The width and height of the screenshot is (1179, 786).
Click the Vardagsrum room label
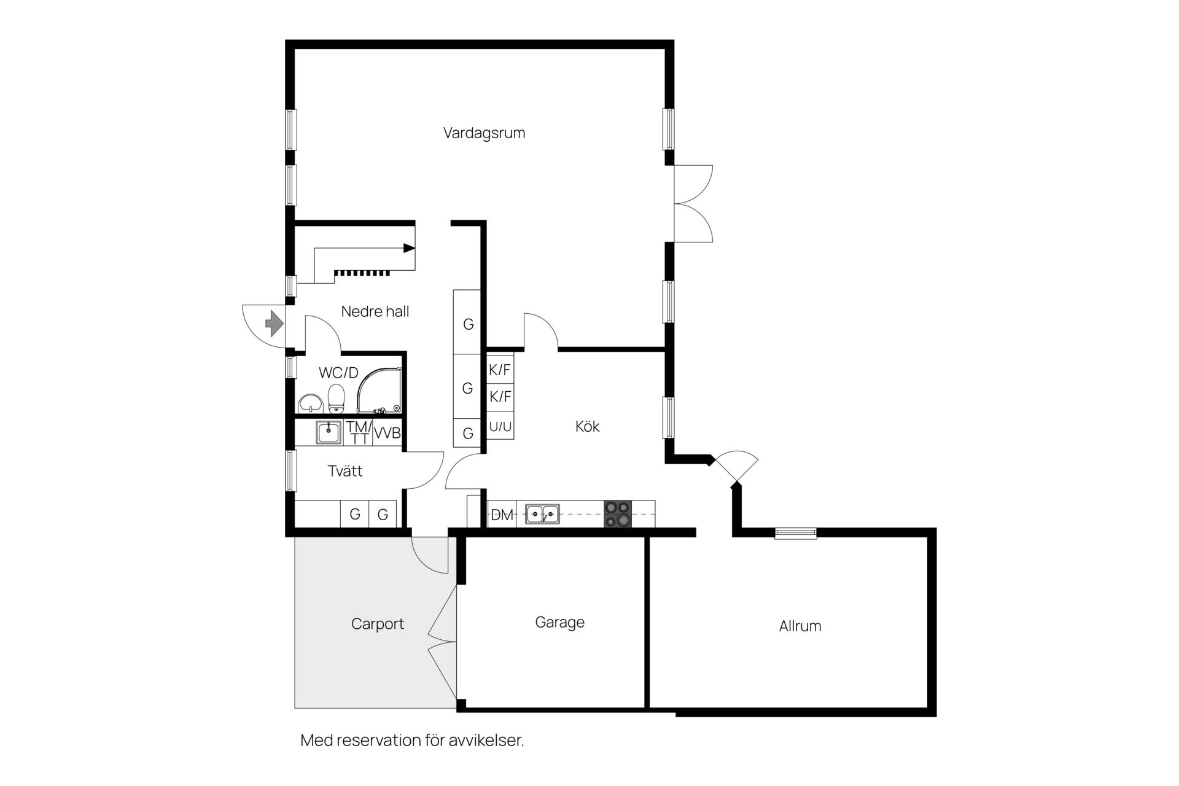(484, 133)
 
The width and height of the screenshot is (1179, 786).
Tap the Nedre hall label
(375, 311)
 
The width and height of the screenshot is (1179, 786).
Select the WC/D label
(338, 373)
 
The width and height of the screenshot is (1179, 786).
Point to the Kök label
(587, 426)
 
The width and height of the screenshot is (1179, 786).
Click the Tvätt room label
(345, 471)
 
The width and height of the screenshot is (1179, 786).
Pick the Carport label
(378, 625)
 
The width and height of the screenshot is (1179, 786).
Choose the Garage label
(559, 623)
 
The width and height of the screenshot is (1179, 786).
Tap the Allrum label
(800, 626)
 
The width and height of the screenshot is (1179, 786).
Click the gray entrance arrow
(274, 323)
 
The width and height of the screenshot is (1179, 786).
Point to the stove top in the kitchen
(618, 515)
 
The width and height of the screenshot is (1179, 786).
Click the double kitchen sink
(542, 514)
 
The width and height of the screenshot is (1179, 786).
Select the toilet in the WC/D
(336, 399)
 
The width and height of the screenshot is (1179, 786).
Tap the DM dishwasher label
(502, 515)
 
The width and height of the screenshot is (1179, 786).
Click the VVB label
(387, 433)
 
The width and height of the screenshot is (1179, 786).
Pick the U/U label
(500, 427)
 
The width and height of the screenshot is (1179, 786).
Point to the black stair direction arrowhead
(409, 248)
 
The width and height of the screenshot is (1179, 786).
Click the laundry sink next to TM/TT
(329, 432)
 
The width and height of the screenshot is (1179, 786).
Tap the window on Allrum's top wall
(796, 533)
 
